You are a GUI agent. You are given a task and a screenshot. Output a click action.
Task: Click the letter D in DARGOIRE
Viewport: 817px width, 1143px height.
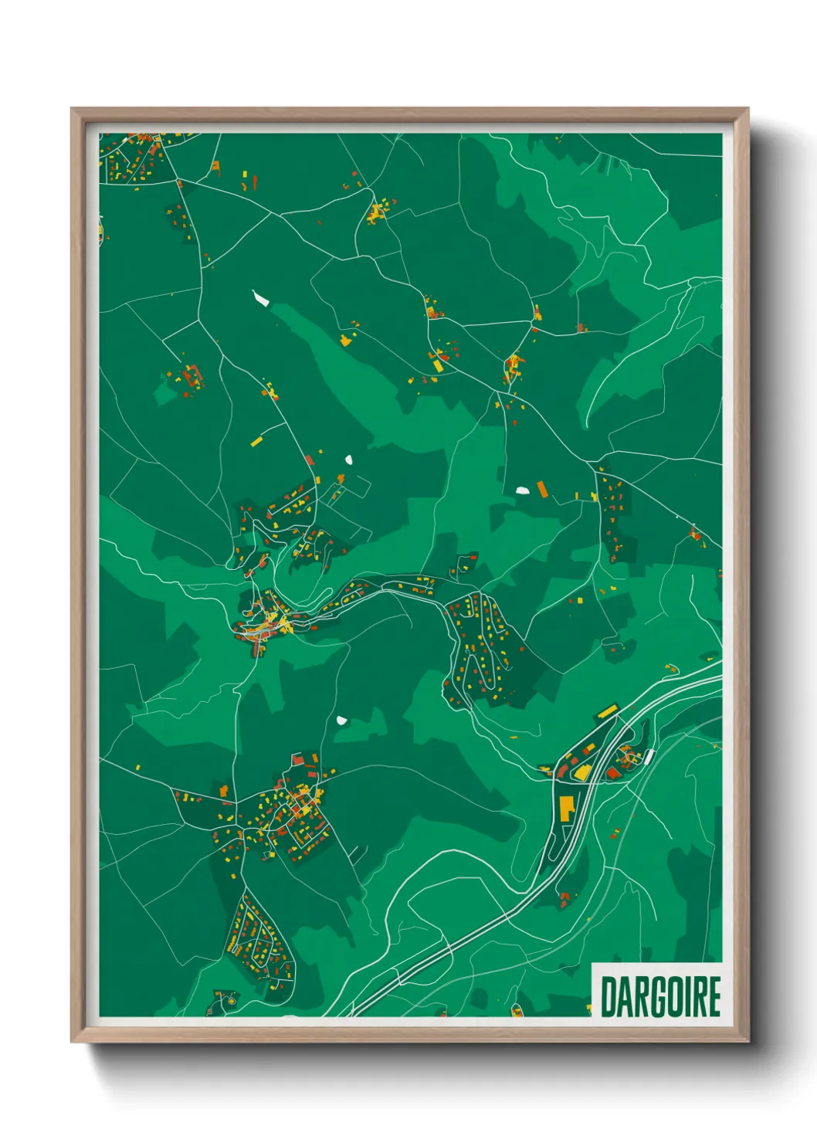[608, 997]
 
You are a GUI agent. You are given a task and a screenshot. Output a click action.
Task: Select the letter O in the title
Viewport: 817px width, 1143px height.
[672, 997]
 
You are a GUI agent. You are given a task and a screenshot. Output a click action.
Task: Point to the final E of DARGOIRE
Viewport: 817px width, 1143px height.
[714, 997]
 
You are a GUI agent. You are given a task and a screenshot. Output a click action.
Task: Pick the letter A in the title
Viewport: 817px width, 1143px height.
[623, 997]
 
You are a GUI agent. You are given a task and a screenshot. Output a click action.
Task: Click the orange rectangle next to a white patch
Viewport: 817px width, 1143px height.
[542, 489]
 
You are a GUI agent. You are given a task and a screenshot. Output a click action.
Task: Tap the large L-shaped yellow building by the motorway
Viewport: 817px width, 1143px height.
[567, 807]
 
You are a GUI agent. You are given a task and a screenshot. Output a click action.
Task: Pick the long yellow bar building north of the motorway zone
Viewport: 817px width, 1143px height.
[608, 711]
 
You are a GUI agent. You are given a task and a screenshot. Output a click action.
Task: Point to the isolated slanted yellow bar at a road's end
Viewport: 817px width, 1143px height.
[256, 442]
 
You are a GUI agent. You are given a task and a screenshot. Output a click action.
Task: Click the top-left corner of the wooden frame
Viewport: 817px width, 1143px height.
[72, 109]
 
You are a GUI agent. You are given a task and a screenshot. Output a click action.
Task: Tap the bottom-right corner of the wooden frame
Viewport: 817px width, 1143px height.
[748, 1041]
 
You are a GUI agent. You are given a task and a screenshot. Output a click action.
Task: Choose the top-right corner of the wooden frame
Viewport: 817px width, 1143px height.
[748, 109]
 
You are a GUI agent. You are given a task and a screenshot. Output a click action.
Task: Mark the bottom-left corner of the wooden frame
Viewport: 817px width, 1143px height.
[72, 1041]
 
